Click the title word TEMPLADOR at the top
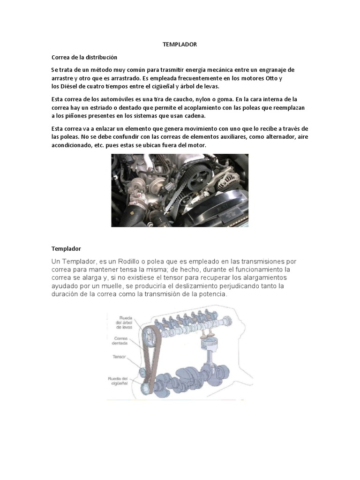click(180, 45)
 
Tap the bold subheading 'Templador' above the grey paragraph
click(66, 248)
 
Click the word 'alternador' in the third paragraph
click(273, 137)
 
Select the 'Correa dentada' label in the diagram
click(120, 341)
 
